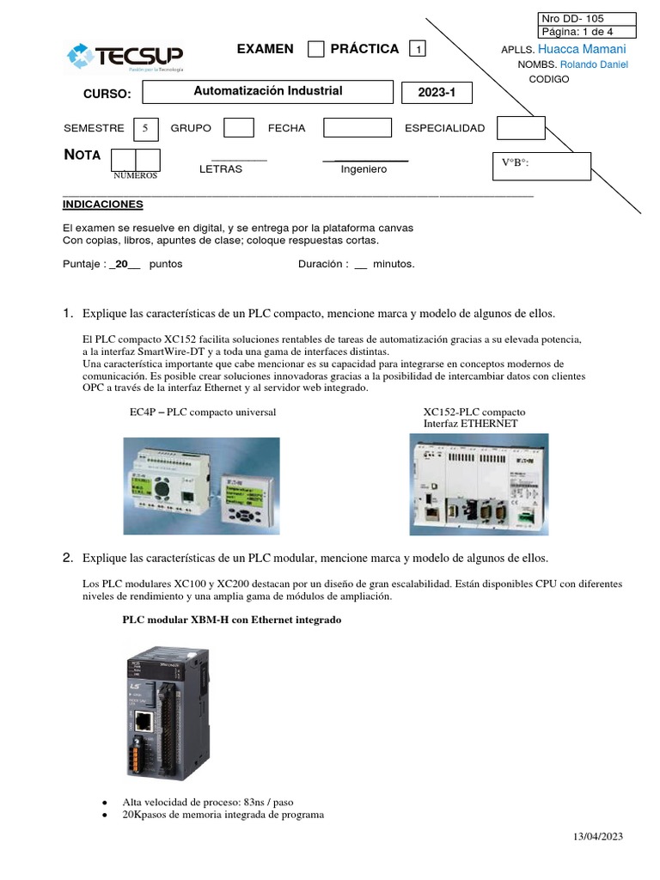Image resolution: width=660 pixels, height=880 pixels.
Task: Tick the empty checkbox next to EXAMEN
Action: tap(315, 49)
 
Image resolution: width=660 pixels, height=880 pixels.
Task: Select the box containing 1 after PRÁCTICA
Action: tap(418, 50)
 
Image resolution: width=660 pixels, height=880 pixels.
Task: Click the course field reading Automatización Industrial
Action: tap(267, 92)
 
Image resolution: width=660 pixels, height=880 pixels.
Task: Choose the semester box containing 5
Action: tap(145, 128)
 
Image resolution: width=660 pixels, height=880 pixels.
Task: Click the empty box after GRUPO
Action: tap(238, 128)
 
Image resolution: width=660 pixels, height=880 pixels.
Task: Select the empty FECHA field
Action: tap(356, 128)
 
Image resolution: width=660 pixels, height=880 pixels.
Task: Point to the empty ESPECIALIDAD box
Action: tap(521, 128)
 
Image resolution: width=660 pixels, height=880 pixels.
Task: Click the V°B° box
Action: tap(541, 166)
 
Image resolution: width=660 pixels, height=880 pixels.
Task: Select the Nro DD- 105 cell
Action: tap(587, 19)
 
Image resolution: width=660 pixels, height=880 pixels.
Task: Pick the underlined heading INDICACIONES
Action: tap(103, 205)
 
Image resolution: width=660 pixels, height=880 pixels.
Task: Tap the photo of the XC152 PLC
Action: tap(479, 484)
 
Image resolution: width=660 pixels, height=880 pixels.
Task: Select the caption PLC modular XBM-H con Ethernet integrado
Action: tap(232, 620)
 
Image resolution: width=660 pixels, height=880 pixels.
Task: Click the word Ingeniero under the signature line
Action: tap(364, 169)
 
